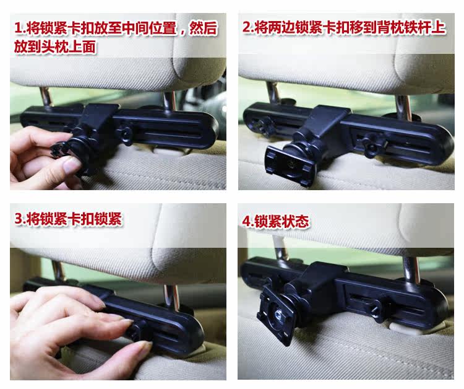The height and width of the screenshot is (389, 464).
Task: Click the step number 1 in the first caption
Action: point(19,28)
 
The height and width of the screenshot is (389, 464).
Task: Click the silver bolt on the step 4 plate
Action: point(278,313)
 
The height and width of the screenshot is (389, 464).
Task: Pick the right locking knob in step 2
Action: point(374,144)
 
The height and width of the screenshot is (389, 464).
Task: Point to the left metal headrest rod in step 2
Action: point(273,92)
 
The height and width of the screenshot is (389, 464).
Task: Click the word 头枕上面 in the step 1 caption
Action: point(69,47)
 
